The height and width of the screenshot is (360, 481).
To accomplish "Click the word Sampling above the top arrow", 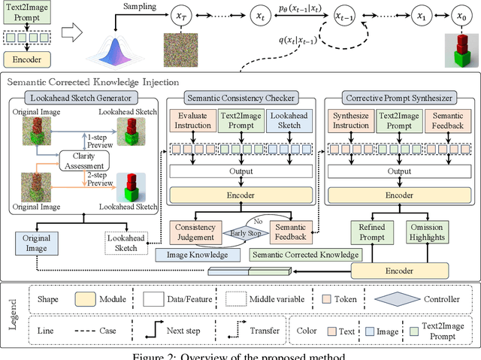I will point(140,7).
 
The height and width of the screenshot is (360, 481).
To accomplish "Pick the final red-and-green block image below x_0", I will point(458,50).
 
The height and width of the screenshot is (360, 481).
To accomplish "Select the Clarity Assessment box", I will point(110,159).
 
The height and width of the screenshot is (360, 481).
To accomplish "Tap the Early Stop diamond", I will point(244,232).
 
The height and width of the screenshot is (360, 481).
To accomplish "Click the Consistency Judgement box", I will point(195,232).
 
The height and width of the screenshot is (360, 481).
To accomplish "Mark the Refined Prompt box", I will point(372,232).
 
